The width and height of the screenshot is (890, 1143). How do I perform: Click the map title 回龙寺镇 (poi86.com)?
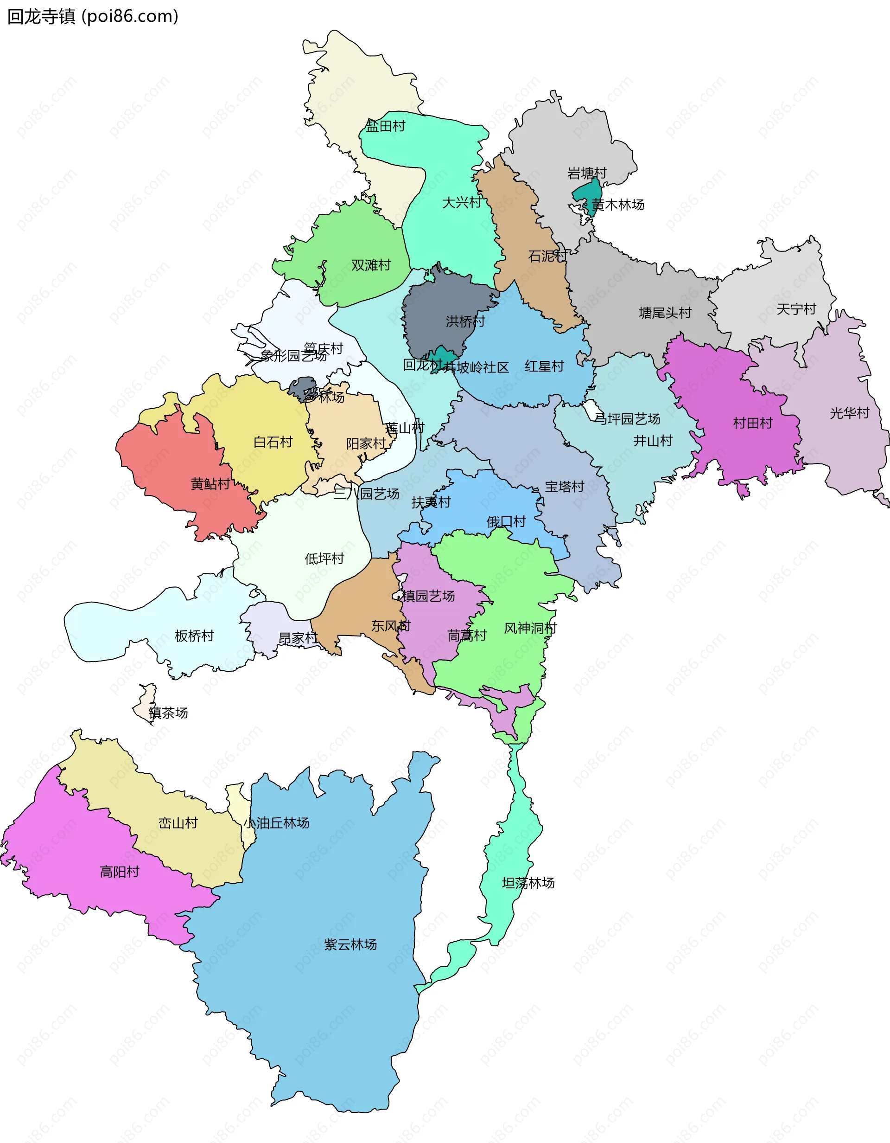[x=93, y=17]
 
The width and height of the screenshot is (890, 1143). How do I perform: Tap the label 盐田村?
[x=385, y=126]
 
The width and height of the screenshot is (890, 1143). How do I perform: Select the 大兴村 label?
[x=462, y=203]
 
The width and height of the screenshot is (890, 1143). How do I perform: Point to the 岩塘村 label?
[x=587, y=173]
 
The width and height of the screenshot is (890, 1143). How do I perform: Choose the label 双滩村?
[x=371, y=265]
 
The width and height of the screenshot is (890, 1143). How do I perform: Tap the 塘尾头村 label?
[x=665, y=313]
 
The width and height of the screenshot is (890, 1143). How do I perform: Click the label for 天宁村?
[x=796, y=309]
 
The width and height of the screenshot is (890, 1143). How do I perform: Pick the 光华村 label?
[x=849, y=413]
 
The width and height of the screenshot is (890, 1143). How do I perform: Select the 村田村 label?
[x=752, y=424]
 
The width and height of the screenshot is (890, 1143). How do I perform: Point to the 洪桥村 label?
[x=465, y=321]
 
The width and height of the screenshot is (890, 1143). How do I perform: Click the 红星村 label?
[x=544, y=366]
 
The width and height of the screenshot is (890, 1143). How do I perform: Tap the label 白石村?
[x=273, y=443]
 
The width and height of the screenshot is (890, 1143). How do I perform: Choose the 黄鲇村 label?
[x=210, y=484]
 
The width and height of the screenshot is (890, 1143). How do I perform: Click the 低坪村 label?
[x=324, y=559]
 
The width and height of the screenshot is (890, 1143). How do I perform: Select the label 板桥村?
[x=194, y=636]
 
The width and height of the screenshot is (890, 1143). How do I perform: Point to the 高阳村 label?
[x=119, y=872]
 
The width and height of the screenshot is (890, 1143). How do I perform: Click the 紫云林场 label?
[x=350, y=944]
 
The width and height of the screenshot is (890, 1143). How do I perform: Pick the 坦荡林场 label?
[x=528, y=883]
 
